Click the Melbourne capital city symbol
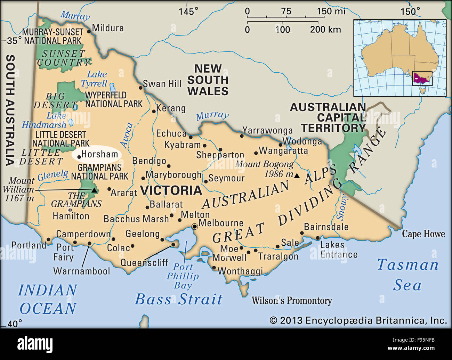pyautogui.click(x=195, y=227)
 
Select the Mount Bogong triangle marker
pyautogui.click(x=297, y=176)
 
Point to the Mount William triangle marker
pyautogui.click(x=94, y=190)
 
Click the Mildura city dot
pyautogui.click(x=89, y=31)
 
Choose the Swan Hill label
pyautogui.click(x=162, y=84)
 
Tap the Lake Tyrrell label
pyautogui.click(x=95, y=79)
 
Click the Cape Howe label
pyautogui.click(x=423, y=234)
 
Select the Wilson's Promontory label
pyautogui.click(x=291, y=301)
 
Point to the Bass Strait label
pyautogui.click(x=178, y=299)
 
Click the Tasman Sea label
pyautogui.click(x=407, y=275)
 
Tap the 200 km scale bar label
pyautogui.click(x=325, y=30)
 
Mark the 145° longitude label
pyautogui.click(x=188, y=11)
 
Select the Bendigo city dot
pyautogui.click(x=169, y=166)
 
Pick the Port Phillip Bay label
pyautogui.click(x=183, y=276)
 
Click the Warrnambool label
pyautogui.click(x=81, y=271)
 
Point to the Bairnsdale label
pyautogui.click(x=326, y=227)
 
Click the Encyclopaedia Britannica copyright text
pyautogui.click(x=358, y=320)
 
